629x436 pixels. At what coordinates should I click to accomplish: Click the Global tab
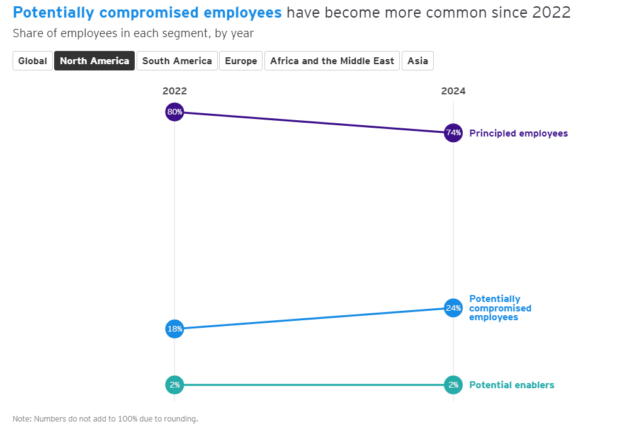33,61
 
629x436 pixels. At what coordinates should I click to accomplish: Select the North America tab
94,61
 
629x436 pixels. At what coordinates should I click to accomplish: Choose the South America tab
177,61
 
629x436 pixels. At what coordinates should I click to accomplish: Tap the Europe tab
241,61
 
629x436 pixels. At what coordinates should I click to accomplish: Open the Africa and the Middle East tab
332,61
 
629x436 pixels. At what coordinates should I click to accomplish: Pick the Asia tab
417,61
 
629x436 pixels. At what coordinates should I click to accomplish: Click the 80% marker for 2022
174,112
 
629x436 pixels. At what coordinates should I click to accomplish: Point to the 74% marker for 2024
453,133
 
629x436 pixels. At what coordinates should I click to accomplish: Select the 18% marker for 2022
174,328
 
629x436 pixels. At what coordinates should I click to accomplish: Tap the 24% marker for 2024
453,308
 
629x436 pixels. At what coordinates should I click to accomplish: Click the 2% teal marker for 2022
174,384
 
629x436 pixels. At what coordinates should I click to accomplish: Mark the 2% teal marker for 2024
453,384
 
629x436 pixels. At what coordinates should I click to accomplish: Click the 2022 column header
174,91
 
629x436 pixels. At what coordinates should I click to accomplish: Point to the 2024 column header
453,91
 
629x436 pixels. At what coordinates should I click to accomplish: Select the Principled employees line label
518,133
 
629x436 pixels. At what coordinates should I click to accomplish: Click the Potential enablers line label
511,385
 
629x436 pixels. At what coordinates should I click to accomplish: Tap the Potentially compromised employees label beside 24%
500,308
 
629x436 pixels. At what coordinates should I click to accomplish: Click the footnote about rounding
105,419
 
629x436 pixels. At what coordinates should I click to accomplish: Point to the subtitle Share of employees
133,33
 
